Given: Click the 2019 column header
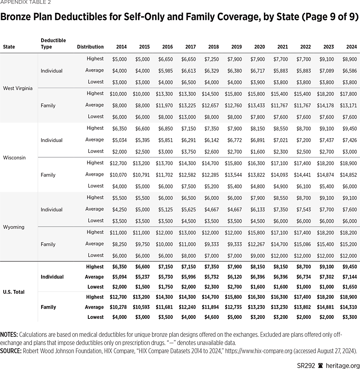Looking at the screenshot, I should pos(236,47).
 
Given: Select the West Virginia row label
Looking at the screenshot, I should pos(18,88).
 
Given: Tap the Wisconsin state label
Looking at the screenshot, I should pos(14,157).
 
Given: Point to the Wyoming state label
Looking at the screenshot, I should pos(13,227).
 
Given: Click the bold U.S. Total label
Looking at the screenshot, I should pos(14,292).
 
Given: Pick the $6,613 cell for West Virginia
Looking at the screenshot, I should pos(188,71).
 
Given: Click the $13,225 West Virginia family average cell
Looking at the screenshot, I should pos(188,105).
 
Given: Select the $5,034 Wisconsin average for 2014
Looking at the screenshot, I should pos(119,140).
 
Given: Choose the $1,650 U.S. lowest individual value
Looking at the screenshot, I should pos(349,287).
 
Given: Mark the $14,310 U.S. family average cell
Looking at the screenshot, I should pos(348,307).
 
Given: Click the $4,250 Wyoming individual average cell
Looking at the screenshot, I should pos(119,209).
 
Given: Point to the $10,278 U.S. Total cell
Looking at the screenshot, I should pos(118,307).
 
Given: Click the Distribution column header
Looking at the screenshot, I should pos(90,47).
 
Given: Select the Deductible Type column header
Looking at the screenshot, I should pos(53,44).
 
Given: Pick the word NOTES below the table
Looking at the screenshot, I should pos(9,334).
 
